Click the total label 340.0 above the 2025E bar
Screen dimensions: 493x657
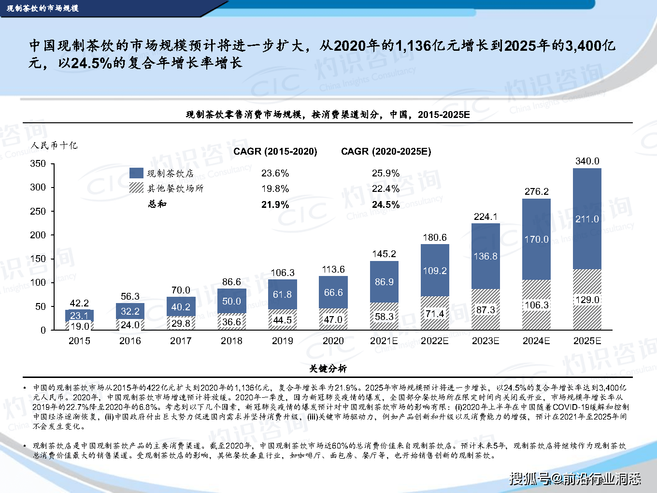point(587,161)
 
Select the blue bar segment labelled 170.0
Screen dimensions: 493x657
point(536,239)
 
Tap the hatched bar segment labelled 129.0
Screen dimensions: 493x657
point(587,300)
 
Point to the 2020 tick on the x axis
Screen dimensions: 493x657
point(333,341)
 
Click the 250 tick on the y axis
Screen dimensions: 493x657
point(38,211)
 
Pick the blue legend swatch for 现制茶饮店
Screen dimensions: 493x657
point(137,173)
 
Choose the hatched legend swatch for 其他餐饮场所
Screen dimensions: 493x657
point(137,188)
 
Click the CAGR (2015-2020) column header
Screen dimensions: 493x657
point(275,151)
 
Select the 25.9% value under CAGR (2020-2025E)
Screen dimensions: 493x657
point(386,173)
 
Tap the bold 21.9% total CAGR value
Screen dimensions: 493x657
point(275,204)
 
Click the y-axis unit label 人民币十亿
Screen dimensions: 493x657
point(54,145)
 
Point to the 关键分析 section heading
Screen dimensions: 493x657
point(328,369)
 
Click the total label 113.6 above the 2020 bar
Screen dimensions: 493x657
point(333,269)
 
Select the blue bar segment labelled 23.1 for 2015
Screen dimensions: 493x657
point(79,315)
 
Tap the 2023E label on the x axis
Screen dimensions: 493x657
point(486,341)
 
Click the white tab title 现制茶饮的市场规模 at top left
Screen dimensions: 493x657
point(43,8)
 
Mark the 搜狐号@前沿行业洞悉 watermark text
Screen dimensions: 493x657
point(575,478)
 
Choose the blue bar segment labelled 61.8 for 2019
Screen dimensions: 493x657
point(282,294)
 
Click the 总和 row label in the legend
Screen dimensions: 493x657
point(157,204)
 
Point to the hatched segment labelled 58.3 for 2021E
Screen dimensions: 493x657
point(384,317)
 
